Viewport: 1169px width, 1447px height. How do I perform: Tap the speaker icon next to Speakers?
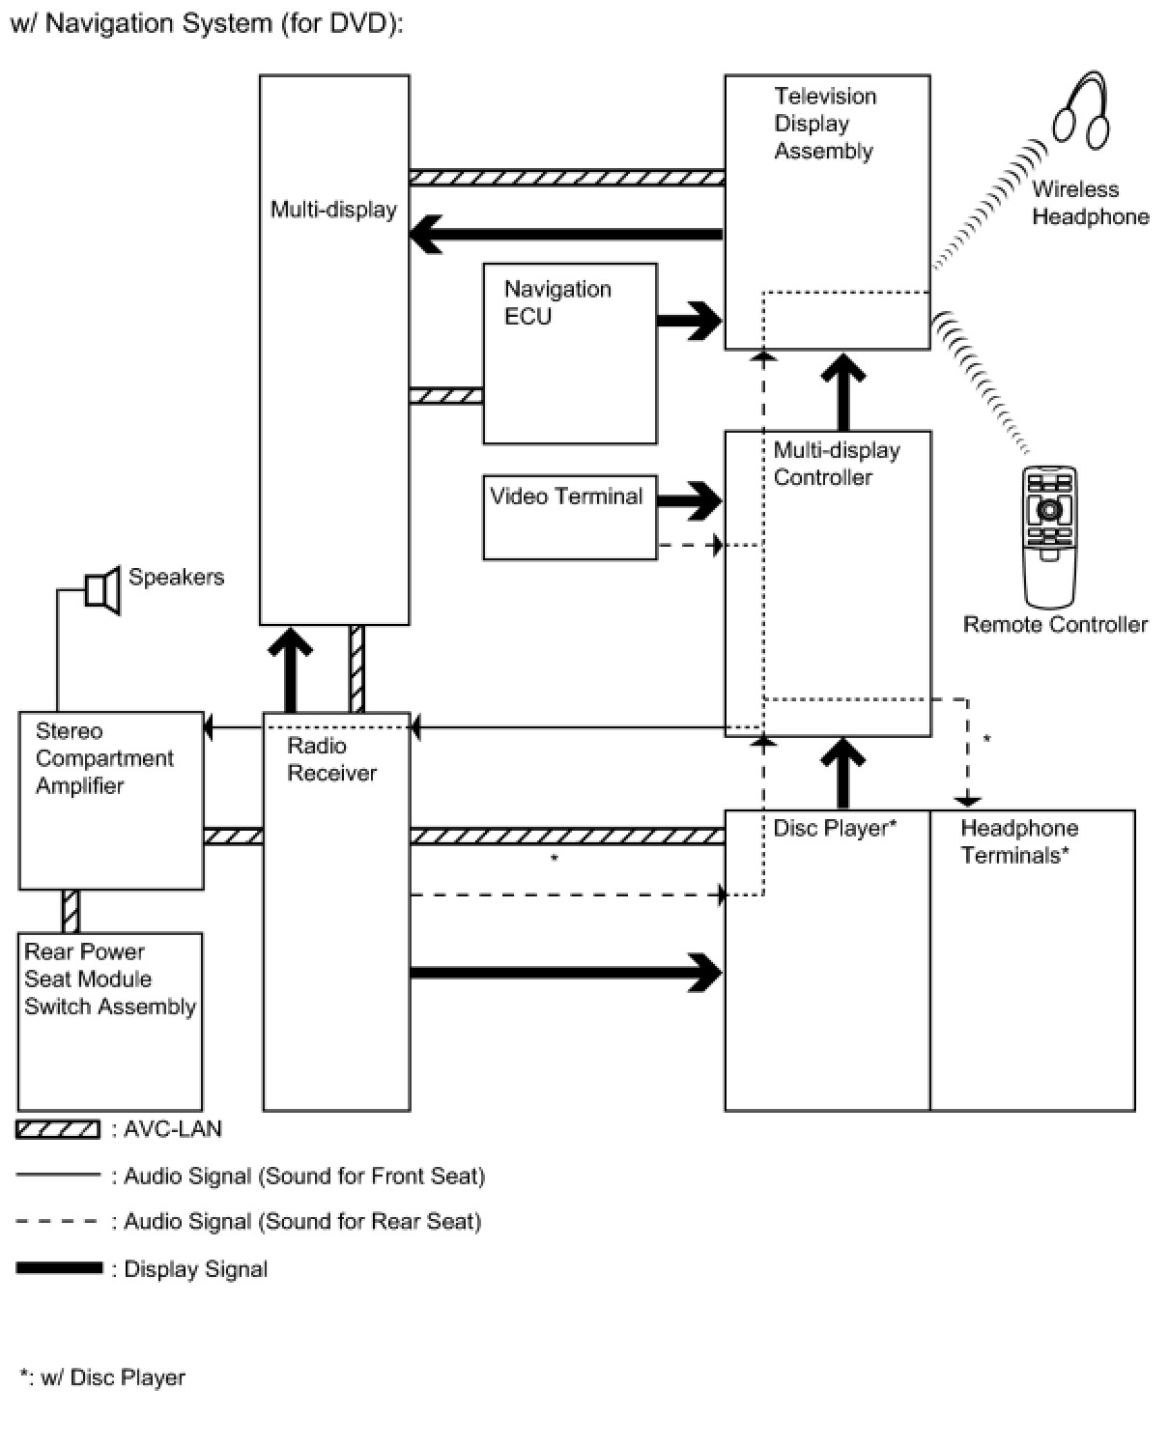[x=103, y=589]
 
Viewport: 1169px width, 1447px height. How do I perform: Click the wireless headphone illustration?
[x=1081, y=112]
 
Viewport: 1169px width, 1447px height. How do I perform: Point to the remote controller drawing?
[x=1049, y=537]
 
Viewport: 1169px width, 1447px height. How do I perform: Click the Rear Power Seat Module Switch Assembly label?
[x=110, y=979]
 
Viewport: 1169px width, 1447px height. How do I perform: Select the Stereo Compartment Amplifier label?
[x=104, y=757]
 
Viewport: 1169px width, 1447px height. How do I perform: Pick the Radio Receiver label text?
[x=331, y=759]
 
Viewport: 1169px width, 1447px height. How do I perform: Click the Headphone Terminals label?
[x=1019, y=841]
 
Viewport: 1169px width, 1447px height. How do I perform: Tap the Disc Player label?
[x=835, y=828]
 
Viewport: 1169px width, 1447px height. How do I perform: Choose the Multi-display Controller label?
[x=837, y=464]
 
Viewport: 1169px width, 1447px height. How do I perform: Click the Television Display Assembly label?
[x=825, y=123]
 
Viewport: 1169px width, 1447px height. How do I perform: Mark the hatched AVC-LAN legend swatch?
[x=58, y=1129]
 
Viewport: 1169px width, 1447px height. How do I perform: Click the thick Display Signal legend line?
[x=59, y=1267]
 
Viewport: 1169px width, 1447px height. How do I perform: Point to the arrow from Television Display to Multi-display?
[x=566, y=235]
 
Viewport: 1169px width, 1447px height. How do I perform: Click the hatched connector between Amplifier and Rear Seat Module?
[x=71, y=911]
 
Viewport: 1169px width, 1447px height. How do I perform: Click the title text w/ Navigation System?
[x=207, y=24]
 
